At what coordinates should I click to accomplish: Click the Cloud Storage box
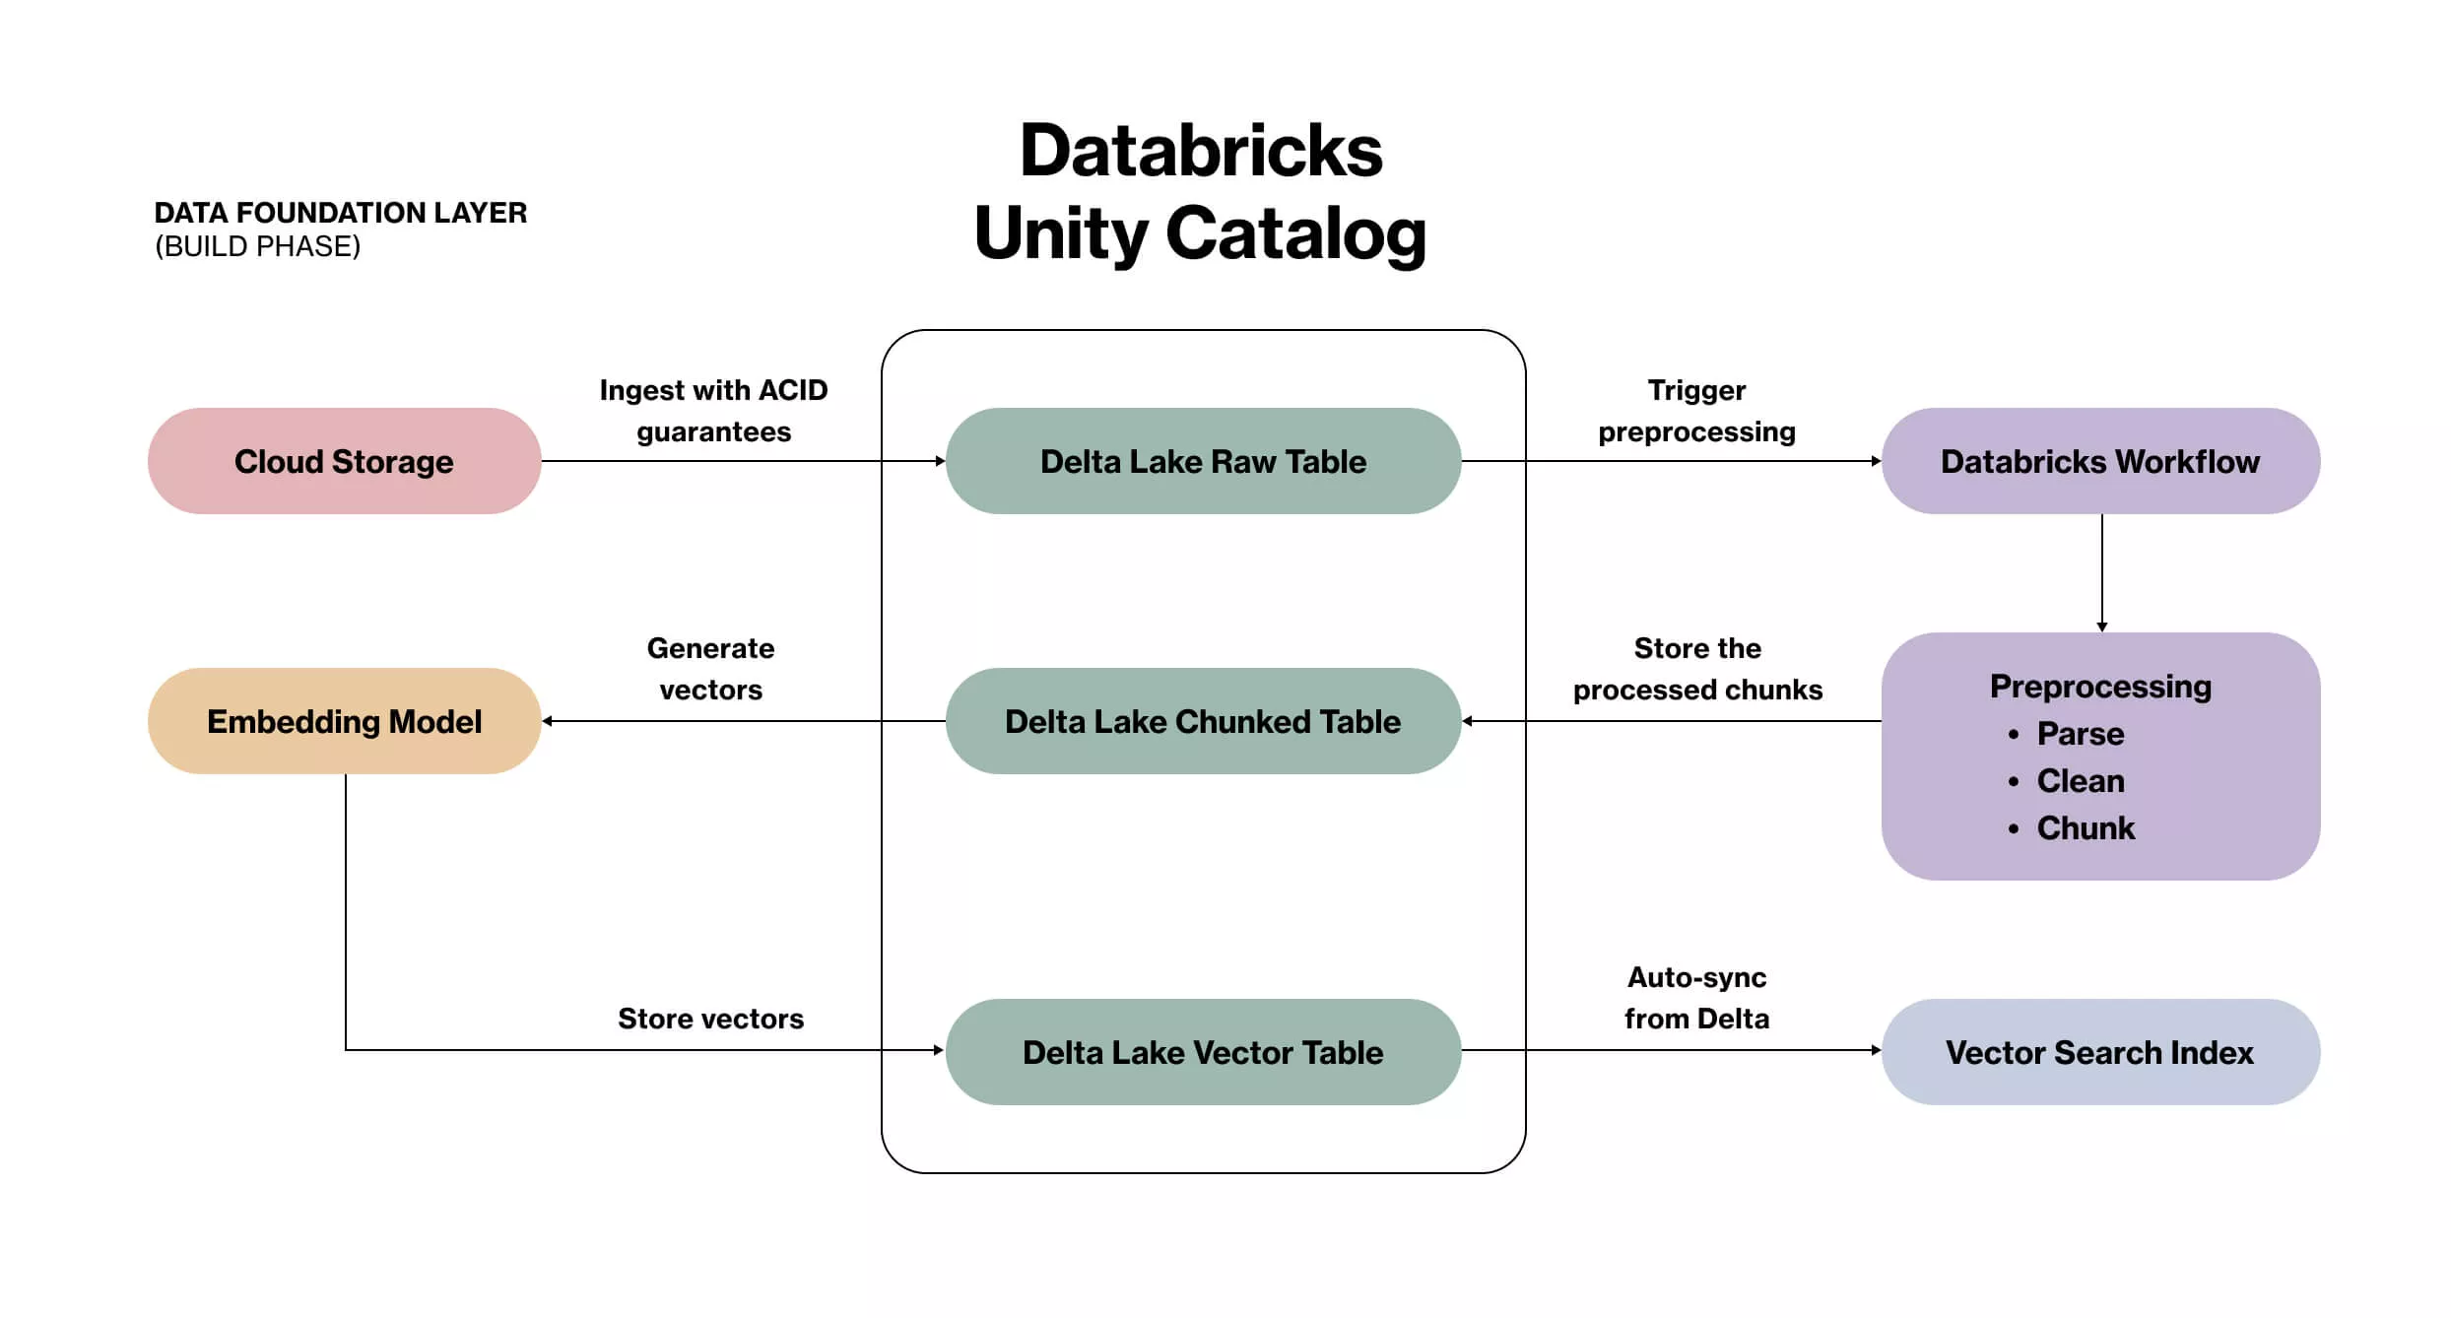pyautogui.click(x=344, y=461)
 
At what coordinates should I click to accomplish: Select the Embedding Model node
pyautogui.click(x=344, y=721)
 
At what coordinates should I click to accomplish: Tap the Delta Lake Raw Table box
pyautogui.click(x=1203, y=461)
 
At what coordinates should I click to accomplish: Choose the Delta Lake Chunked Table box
pyautogui.click(x=1203, y=721)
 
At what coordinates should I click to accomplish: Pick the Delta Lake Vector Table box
pyautogui.click(x=1203, y=1052)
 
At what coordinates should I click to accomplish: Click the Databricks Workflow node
pyautogui.click(x=2100, y=461)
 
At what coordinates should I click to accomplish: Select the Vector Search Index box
pyautogui.click(x=2100, y=1052)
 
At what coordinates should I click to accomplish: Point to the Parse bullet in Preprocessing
pyautogui.click(x=2080, y=734)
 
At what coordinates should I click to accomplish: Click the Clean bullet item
pyautogui.click(x=2080, y=781)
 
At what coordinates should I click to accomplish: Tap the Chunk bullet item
pyautogui.click(x=2085, y=828)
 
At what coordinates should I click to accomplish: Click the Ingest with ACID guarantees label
pyautogui.click(x=713, y=411)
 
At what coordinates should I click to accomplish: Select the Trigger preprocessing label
pyautogui.click(x=1696, y=411)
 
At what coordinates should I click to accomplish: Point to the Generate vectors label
pyautogui.click(x=710, y=669)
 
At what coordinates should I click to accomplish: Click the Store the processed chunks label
pyautogui.click(x=1697, y=669)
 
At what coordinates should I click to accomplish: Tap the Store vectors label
pyautogui.click(x=710, y=1019)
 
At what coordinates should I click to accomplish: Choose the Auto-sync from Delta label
pyautogui.click(x=1696, y=998)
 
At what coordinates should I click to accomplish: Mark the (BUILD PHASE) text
pyautogui.click(x=258, y=246)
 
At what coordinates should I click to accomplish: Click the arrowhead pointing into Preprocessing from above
pyautogui.click(x=2102, y=626)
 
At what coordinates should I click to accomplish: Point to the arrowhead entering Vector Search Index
pyautogui.click(x=1876, y=1050)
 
